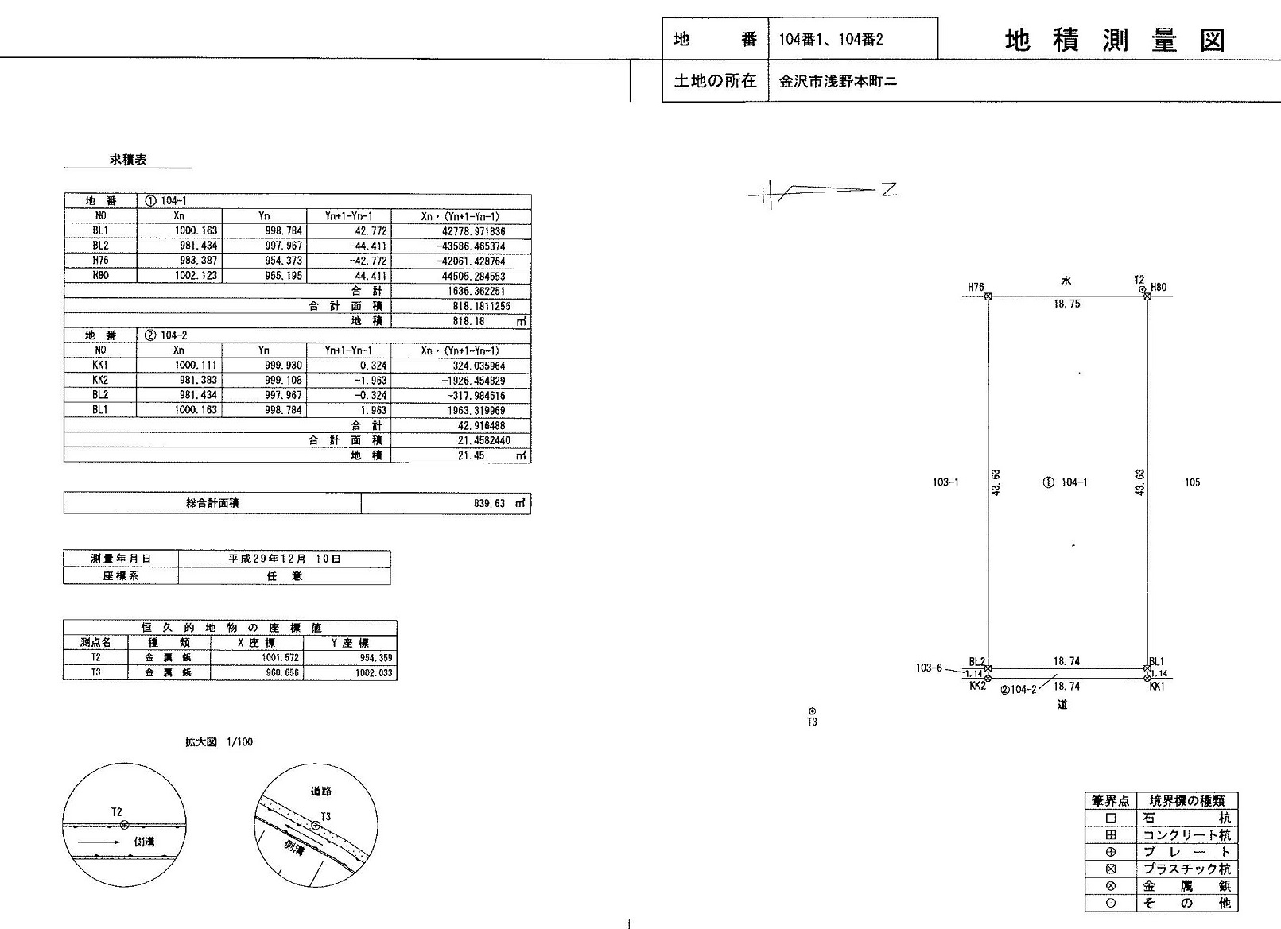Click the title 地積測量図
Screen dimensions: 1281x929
(1115, 41)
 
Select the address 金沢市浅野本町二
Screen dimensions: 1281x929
(838, 81)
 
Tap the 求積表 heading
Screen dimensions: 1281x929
(128, 160)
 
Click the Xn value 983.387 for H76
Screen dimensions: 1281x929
(196, 261)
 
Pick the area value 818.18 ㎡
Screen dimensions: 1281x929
(490, 321)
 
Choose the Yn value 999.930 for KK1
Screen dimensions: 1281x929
(283, 366)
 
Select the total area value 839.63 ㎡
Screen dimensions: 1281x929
(499, 504)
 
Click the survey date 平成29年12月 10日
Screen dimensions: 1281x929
(285, 559)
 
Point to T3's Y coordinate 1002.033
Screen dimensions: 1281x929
(374, 673)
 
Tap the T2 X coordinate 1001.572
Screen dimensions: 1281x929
(280, 658)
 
